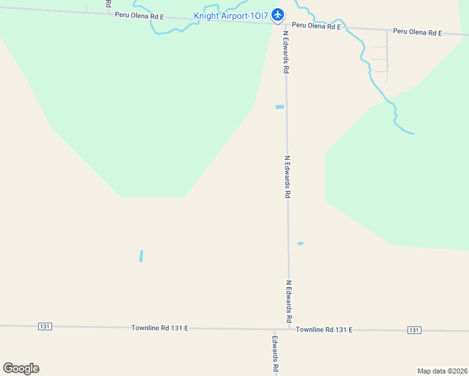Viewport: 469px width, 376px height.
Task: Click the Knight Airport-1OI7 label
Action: coord(231,16)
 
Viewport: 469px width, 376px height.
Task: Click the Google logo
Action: coord(21,368)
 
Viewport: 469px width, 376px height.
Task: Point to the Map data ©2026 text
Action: coord(442,371)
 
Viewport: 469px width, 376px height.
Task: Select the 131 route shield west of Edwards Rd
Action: coord(45,326)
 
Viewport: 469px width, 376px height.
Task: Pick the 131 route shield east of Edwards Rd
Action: coord(414,330)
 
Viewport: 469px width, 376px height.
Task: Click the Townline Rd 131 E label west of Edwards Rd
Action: coord(160,328)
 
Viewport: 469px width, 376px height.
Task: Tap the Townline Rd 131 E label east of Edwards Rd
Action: coord(324,330)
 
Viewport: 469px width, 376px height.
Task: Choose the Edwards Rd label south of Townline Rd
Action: coord(275,354)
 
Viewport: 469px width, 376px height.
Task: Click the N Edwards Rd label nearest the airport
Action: coord(286,53)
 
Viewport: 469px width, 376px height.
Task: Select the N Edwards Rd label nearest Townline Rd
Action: coord(289,301)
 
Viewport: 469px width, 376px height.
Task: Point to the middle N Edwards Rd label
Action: coord(287,177)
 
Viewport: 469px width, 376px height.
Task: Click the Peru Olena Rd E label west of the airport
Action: coord(139,15)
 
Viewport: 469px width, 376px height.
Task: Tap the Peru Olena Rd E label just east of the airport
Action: coord(316,27)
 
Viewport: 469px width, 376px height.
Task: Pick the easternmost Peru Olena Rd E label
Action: coord(418,31)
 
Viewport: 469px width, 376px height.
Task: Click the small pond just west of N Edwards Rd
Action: coord(280,107)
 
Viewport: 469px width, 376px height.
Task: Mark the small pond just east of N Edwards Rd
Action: coord(300,243)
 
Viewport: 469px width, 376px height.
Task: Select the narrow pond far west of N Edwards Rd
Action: coord(141,256)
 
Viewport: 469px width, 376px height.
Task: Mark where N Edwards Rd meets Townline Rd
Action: coord(289,329)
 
